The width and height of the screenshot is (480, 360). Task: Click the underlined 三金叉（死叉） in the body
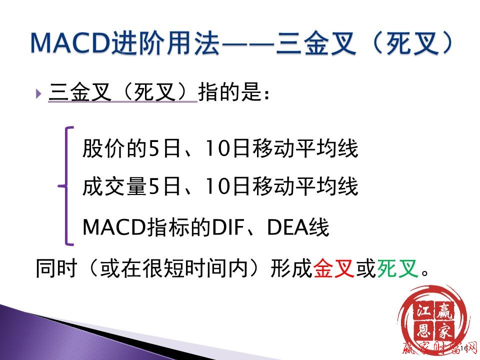[122, 92]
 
